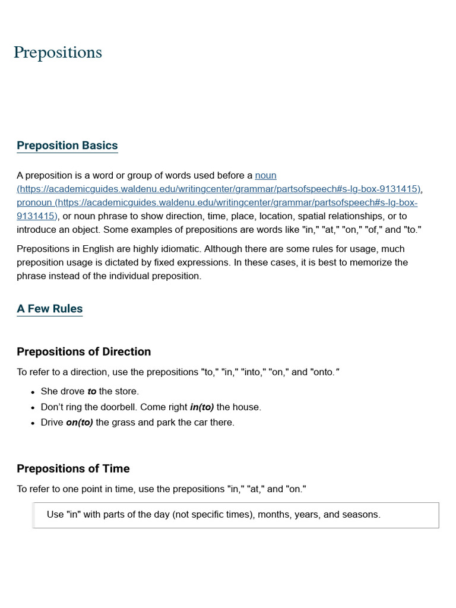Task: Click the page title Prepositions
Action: pyautogui.click(x=58, y=53)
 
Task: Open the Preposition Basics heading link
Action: pyautogui.click(x=67, y=145)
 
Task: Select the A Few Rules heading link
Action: pyautogui.click(x=49, y=309)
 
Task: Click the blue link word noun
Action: pyautogui.click(x=265, y=176)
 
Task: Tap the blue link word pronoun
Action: pyautogui.click(x=34, y=203)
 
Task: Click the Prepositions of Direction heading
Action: pyautogui.click(x=84, y=351)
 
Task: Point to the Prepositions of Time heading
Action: pyautogui.click(x=73, y=468)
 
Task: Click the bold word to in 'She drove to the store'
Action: pyautogui.click(x=92, y=392)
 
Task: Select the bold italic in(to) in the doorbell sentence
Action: pyautogui.click(x=202, y=407)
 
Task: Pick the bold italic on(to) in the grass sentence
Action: pyautogui.click(x=80, y=423)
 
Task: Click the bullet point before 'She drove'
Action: pyautogui.click(x=33, y=392)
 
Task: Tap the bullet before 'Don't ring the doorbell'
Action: pyautogui.click(x=33, y=408)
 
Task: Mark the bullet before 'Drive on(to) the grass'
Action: pyautogui.click(x=33, y=423)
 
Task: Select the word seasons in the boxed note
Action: pyautogui.click(x=362, y=515)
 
